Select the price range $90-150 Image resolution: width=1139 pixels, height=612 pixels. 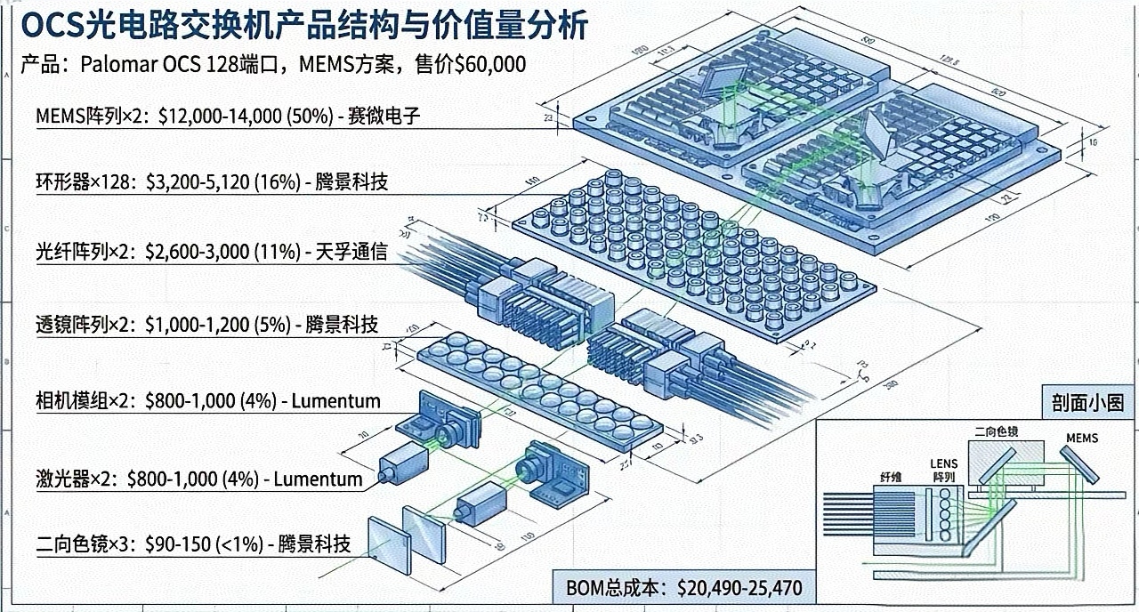coord(169,544)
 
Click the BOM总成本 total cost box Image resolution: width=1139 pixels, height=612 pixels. coord(684,588)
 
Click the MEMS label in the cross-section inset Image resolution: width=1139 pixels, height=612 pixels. coord(1082,439)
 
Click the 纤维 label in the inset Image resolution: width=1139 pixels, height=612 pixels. coord(890,478)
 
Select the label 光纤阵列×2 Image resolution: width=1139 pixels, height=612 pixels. coord(84,252)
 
